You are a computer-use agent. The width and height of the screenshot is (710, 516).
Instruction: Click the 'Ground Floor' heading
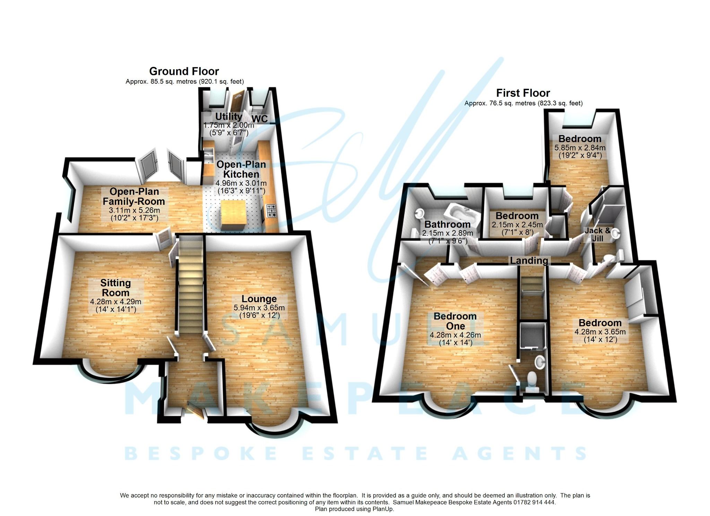click(x=184, y=71)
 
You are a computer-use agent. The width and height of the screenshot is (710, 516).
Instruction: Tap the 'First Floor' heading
click(x=523, y=93)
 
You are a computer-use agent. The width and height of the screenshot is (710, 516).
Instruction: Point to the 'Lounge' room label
click(x=259, y=299)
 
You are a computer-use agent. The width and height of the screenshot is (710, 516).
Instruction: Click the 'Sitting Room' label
click(x=115, y=288)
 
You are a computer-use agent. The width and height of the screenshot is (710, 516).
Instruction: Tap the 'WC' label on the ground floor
click(x=260, y=119)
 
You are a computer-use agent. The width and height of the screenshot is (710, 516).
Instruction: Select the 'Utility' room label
click(x=228, y=116)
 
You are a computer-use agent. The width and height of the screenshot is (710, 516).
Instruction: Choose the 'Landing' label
click(x=529, y=261)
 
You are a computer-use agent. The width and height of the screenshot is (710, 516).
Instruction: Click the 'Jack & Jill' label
click(x=597, y=235)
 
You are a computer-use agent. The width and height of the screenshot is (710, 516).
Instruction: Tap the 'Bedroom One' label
click(x=455, y=321)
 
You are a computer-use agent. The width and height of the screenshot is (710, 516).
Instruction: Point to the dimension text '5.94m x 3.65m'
click(x=259, y=308)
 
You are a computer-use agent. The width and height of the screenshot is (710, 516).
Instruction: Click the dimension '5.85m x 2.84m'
click(x=580, y=148)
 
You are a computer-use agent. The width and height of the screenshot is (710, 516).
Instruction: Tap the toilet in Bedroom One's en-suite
click(x=531, y=379)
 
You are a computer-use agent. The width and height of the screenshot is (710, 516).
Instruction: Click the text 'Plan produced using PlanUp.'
click(x=354, y=509)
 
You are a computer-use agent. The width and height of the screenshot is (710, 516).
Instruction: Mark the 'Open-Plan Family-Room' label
click(x=134, y=196)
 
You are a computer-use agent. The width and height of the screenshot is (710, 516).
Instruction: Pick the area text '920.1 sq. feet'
click(x=222, y=82)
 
